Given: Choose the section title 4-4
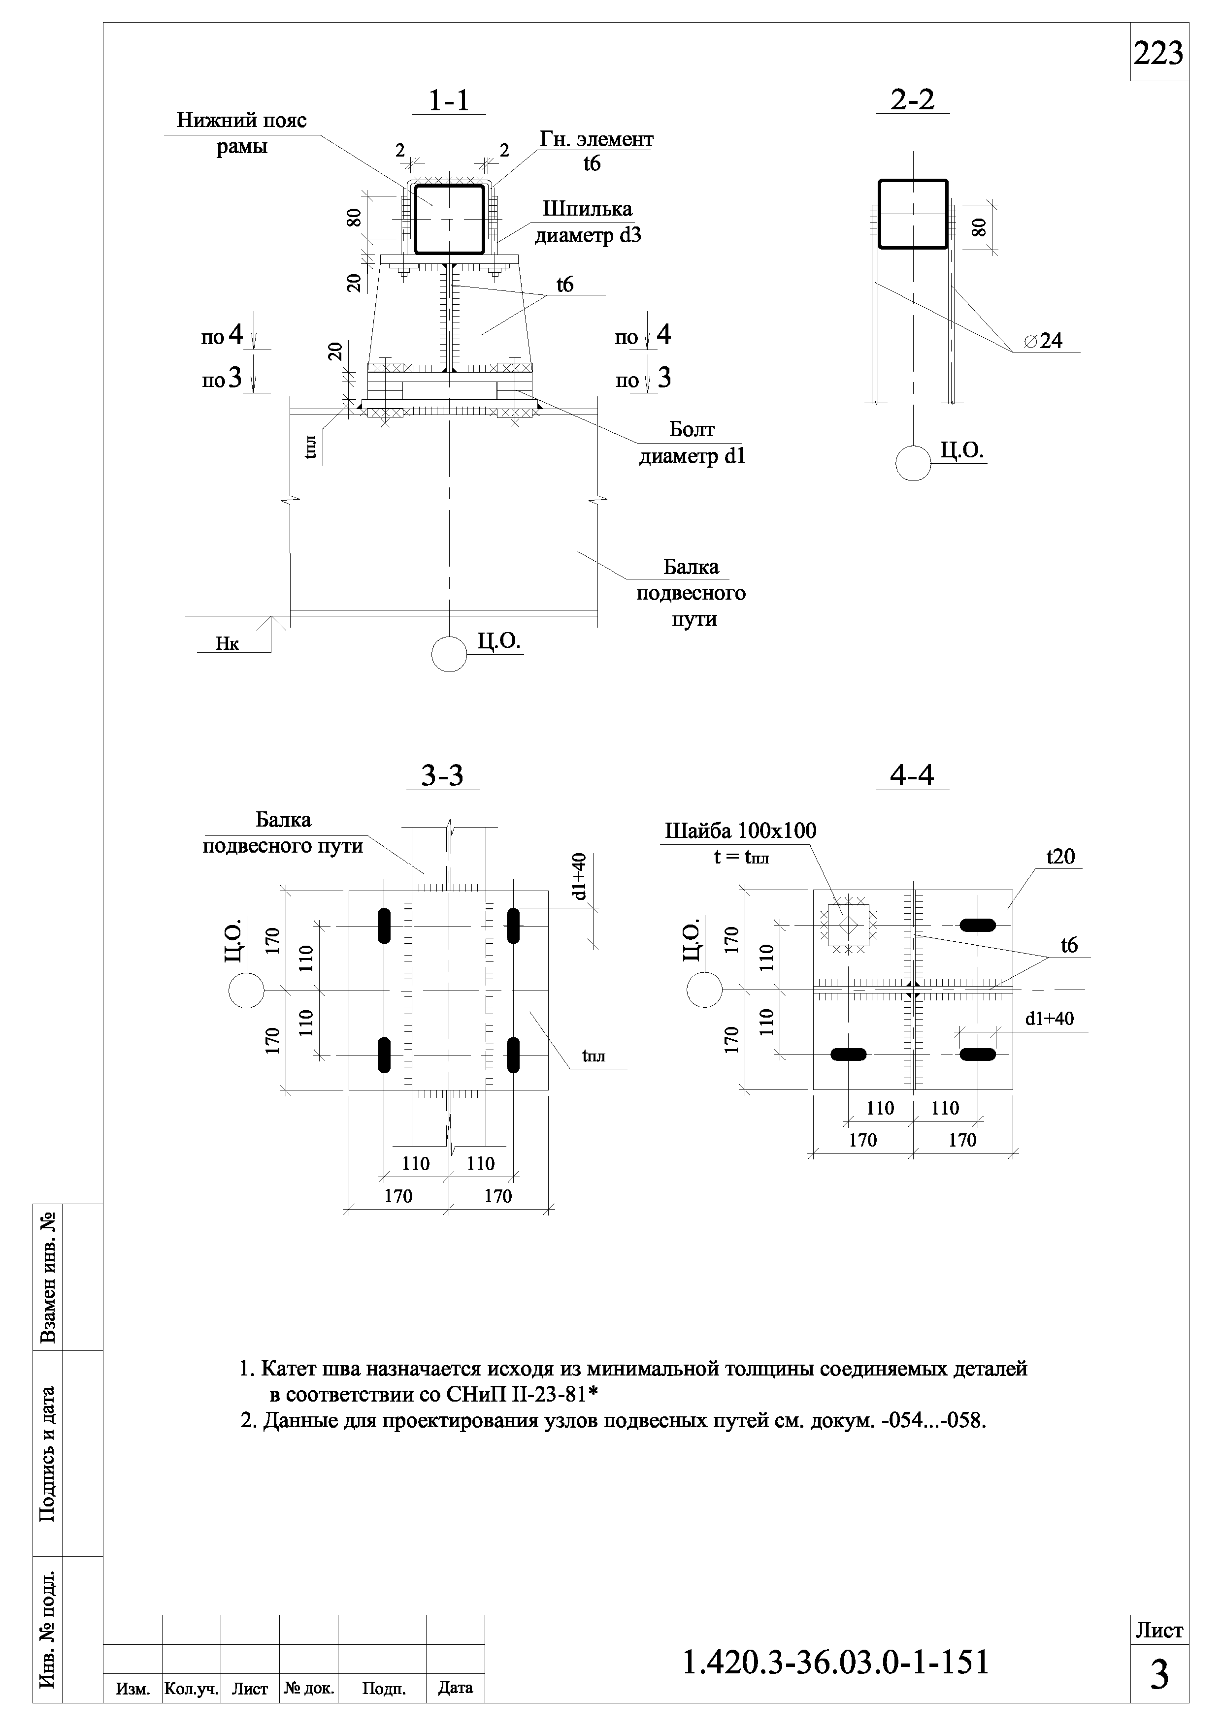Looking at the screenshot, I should [912, 775].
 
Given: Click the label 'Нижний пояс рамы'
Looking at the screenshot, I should [241, 133].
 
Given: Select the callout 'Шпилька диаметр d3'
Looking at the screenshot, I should [588, 223].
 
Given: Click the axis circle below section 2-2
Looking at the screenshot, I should [913, 463].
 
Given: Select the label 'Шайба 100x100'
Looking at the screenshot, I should [740, 831].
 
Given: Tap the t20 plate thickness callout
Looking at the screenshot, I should [1060, 857].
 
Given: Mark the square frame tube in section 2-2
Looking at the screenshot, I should [913, 214].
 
